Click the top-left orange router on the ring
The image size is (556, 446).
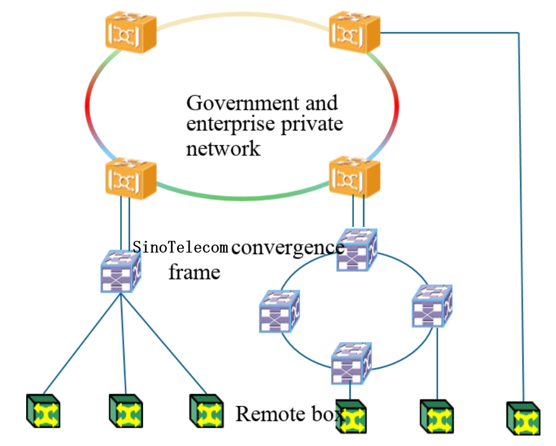[x=130, y=34]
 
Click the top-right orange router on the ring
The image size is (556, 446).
[x=355, y=32]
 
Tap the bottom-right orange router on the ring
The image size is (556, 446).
[x=355, y=178]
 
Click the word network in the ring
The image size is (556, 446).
[x=223, y=148]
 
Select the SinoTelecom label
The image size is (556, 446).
[x=180, y=247]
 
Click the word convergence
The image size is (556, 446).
[x=287, y=247]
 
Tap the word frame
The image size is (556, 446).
[x=194, y=272]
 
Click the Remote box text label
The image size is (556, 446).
[x=289, y=414]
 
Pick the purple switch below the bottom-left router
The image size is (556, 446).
[x=121, y=271]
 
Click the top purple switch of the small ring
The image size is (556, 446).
[x=356, y=249]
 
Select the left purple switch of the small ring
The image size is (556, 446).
[x=279, y=311]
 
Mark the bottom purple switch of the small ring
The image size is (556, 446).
[x=351, y=362]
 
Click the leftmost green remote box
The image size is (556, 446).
[x=43, y=411]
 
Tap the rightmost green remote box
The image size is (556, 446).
[x=522, y=418]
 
